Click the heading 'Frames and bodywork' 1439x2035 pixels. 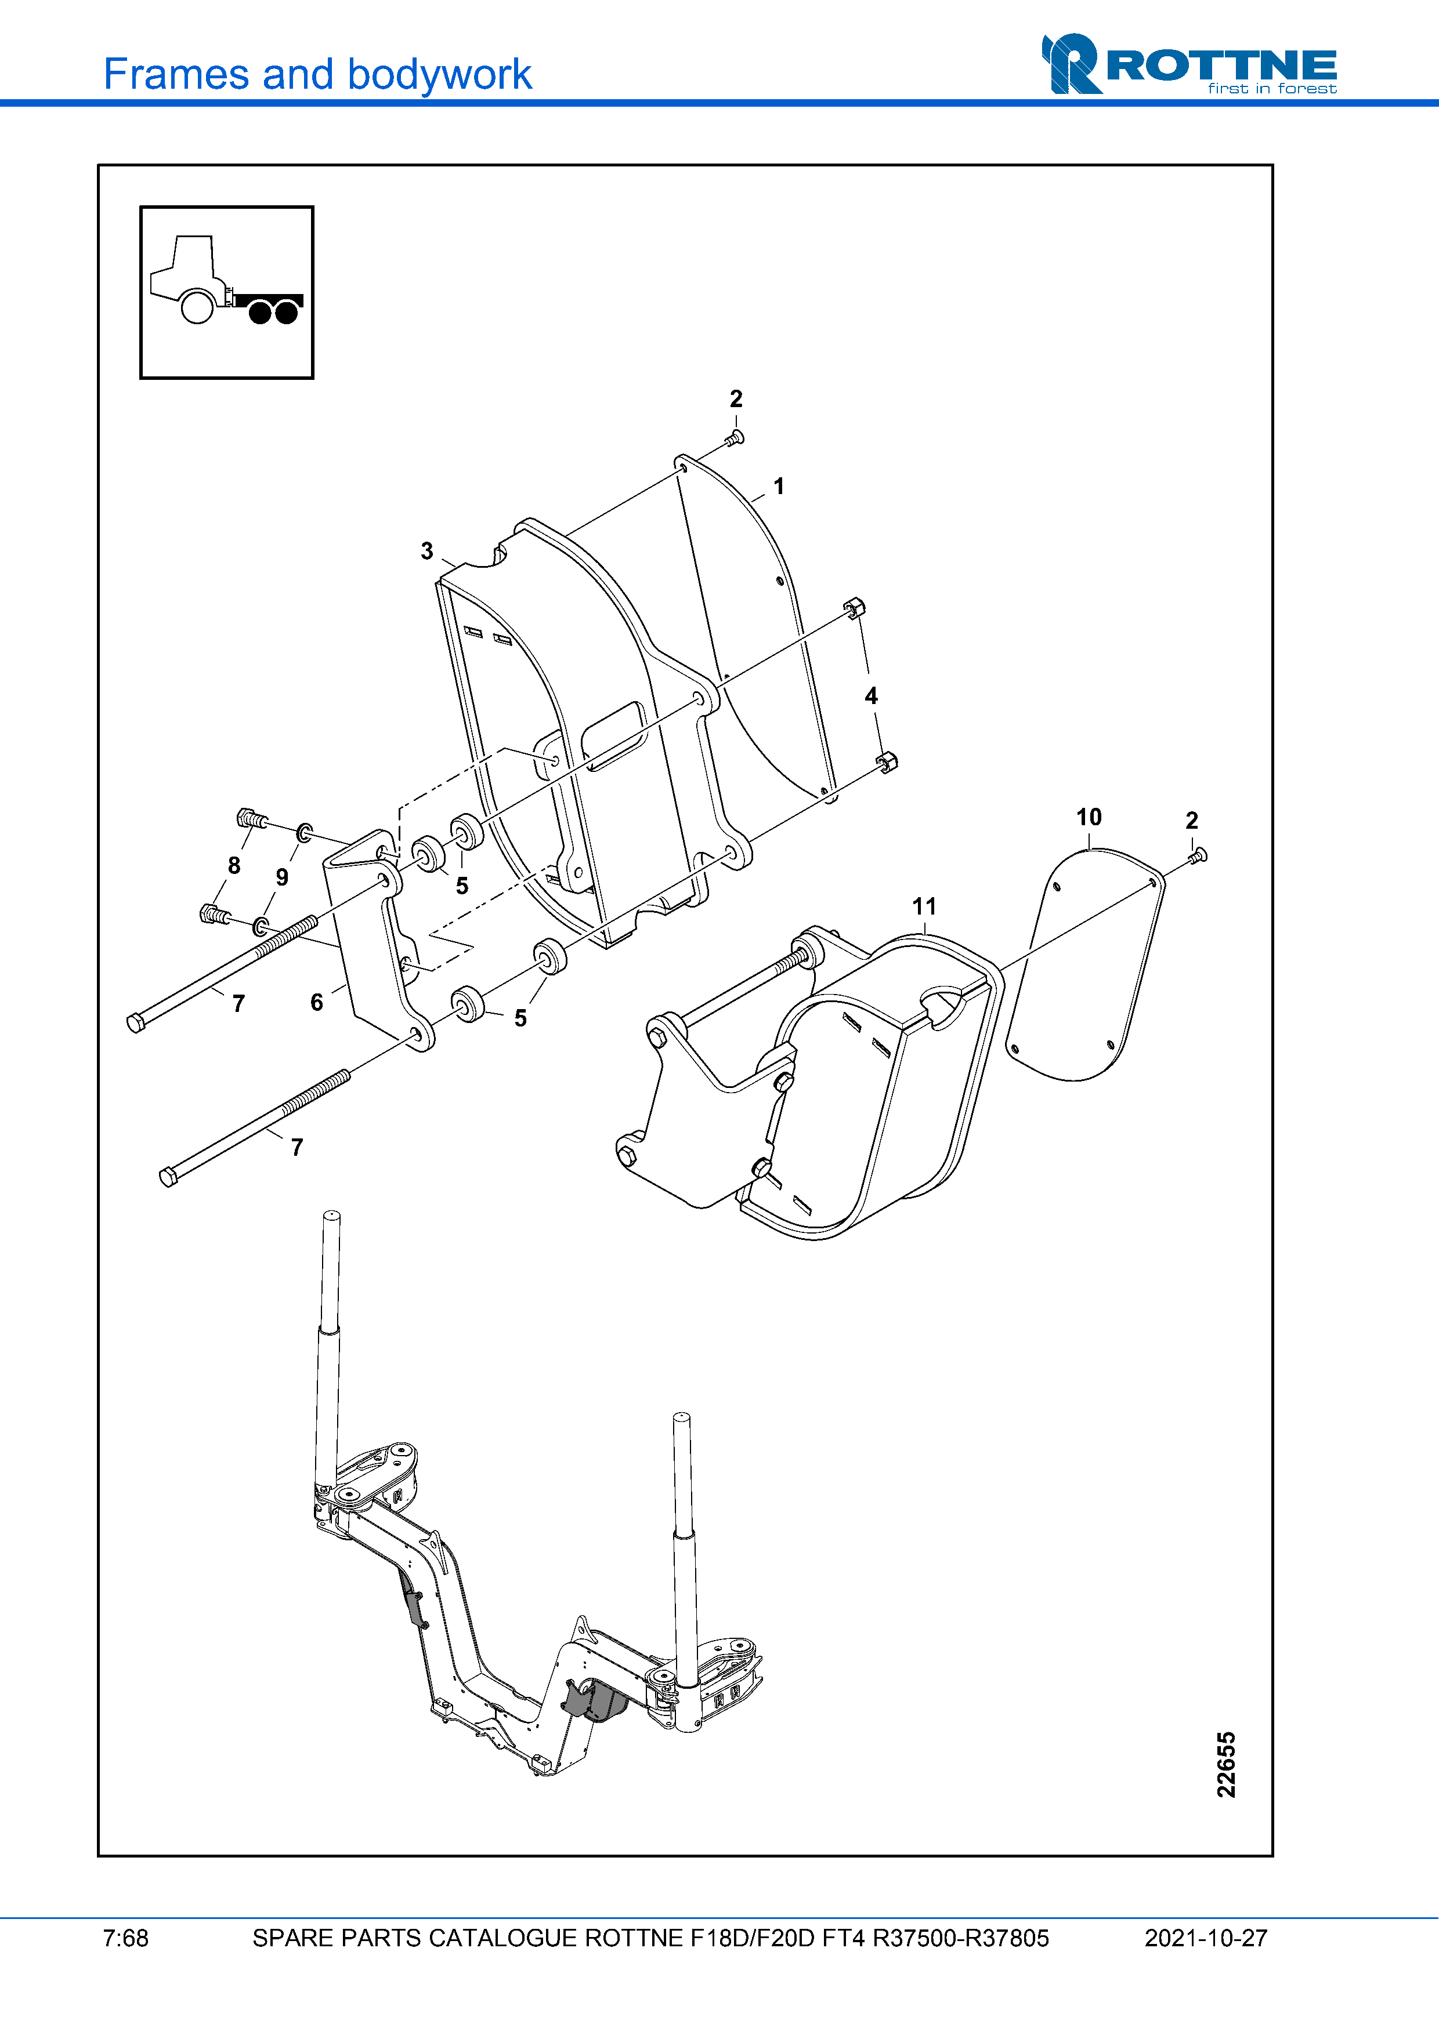tap(317, 74)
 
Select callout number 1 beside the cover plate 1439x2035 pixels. tap(779, 487)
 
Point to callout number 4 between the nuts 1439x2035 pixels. tap(872, 696)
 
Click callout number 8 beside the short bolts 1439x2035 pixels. tap(234, 865)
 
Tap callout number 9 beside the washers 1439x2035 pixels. tap(282, 876)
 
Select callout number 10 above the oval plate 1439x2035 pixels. tap(1089, 817)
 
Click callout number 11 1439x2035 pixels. tap(924, 906)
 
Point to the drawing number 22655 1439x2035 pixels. tap(1226, 1764)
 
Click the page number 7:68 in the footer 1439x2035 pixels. tap(126, 1938)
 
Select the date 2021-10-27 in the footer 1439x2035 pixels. tap(1206, 1938)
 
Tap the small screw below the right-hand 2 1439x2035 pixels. tap(1198, 855)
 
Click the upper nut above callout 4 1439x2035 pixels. tap(854, 608)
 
